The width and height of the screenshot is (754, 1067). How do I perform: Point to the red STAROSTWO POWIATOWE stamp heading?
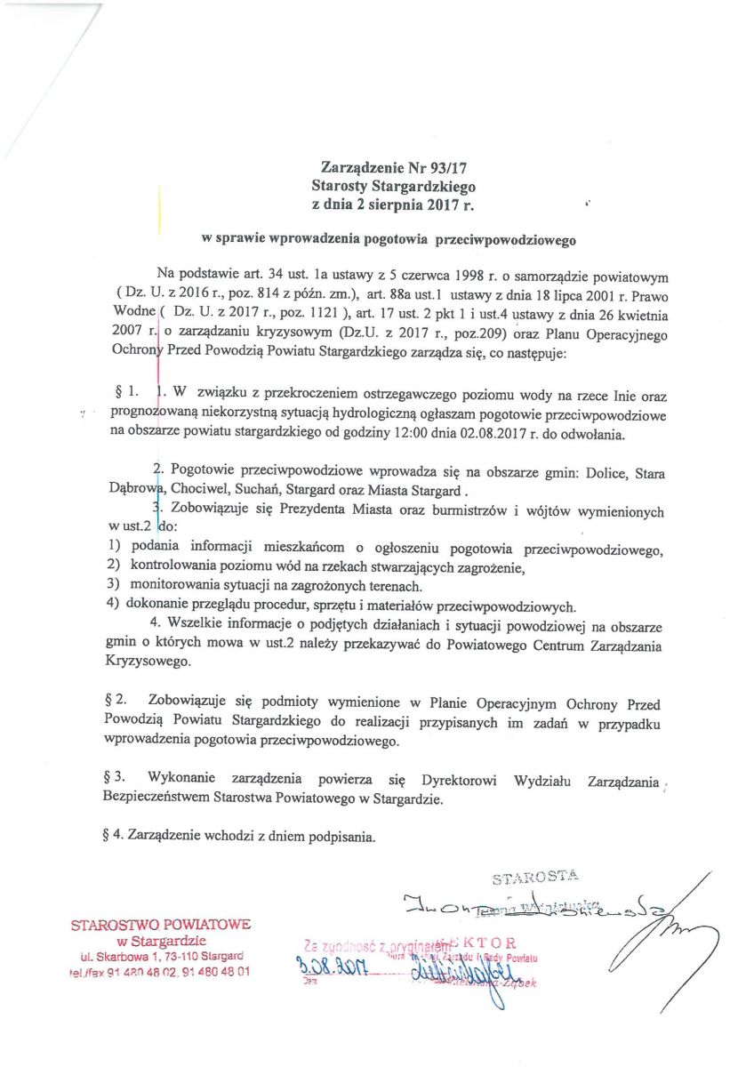click(160, 925)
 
